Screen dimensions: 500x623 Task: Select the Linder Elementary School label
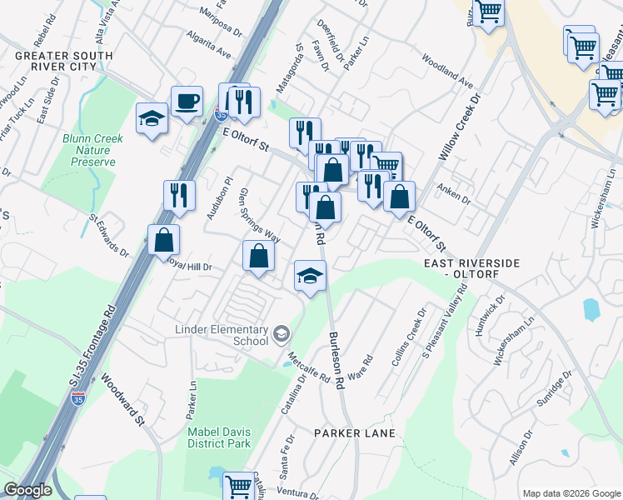point(222,335)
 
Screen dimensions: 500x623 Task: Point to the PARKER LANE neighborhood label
point(355,433)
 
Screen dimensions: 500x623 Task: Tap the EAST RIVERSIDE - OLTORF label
point(471,268)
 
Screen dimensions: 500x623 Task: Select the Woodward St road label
point(124,401)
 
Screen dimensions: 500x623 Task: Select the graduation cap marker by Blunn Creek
point(152,117)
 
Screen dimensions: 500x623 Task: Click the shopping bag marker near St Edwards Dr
point(164,240)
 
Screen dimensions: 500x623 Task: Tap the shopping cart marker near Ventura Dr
point(238,486)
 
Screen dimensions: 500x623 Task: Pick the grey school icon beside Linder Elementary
point(282,334)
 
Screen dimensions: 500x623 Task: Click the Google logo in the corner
point(27,490)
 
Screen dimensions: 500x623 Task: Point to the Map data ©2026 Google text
point(570,492)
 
